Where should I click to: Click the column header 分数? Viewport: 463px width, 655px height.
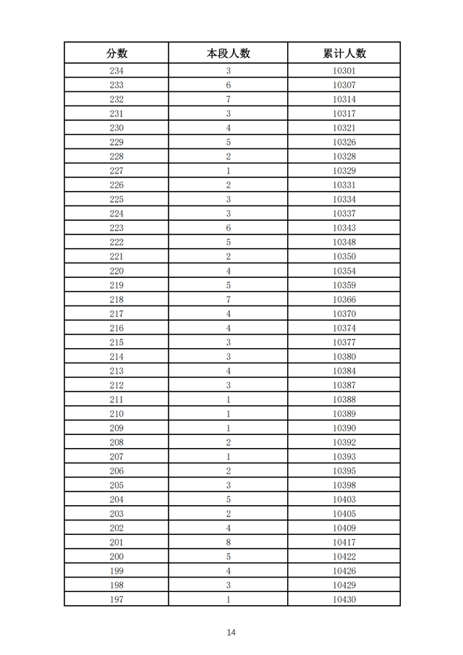coord(116,54)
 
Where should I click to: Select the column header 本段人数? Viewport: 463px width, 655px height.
coord(228,54)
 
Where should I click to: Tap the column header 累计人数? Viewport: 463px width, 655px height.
coord(344,54)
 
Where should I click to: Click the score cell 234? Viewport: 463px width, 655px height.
coord(116,71)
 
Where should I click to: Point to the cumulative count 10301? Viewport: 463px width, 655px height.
coord(344,71)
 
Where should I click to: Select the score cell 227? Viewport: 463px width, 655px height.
coord(116,171)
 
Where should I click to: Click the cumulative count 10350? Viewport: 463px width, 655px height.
coord(344,256)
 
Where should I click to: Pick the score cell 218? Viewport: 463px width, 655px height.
coord(116,300)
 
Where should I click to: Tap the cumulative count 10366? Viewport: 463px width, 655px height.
coord(344,300)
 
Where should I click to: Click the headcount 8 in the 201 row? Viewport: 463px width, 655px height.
coord(228,542)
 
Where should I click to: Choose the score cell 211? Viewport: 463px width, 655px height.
coord(116,400)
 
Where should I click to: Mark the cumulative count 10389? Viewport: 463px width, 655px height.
coord(344,414)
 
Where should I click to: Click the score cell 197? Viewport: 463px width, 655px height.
coord(116,599)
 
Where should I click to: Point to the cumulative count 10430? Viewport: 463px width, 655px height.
coord(344,599)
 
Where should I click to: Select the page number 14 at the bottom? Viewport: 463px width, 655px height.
coord(231,632)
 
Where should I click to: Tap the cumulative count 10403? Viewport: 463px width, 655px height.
coord(344,499)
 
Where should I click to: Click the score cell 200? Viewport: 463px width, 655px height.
coord(116,557)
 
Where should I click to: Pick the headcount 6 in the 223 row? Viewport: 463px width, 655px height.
coord(228,228)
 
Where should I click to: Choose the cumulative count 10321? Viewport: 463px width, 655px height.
coord(344,128)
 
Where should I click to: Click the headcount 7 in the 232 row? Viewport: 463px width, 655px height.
coord(228,99)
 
